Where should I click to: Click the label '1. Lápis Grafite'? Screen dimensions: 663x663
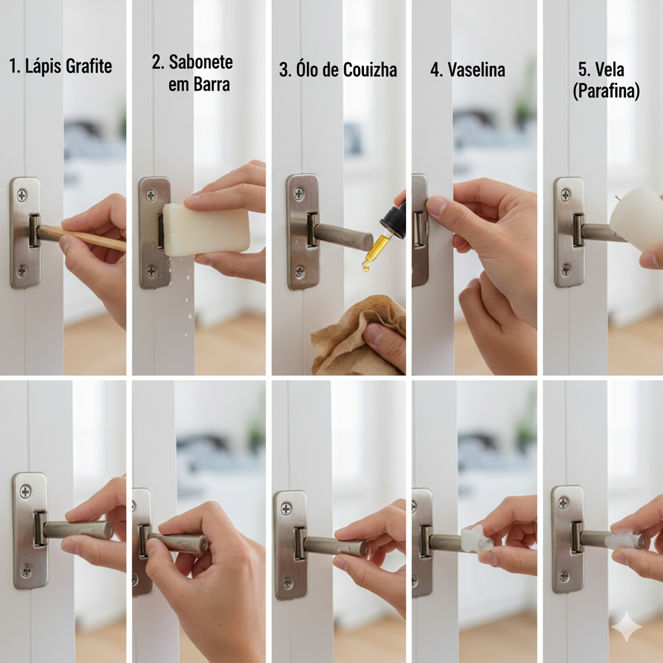tap(60, 67)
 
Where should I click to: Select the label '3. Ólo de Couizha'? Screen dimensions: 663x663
tap(338, 70)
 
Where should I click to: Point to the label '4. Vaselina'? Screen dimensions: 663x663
tap(467, 70)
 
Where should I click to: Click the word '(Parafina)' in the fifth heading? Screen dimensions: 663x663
tap(606, 91)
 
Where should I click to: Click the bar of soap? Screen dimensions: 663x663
tap(206, 229)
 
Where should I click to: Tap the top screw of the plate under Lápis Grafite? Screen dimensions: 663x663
tap(21, 195)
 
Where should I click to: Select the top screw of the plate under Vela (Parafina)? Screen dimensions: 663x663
tap(565, 194)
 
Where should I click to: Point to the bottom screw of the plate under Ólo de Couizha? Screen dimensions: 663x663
tap(299, 271)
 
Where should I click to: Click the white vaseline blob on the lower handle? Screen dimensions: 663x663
tap(477, 539)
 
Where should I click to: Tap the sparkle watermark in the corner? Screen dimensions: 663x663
tap(626, 627)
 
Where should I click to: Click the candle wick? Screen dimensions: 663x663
tap(618, 198)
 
